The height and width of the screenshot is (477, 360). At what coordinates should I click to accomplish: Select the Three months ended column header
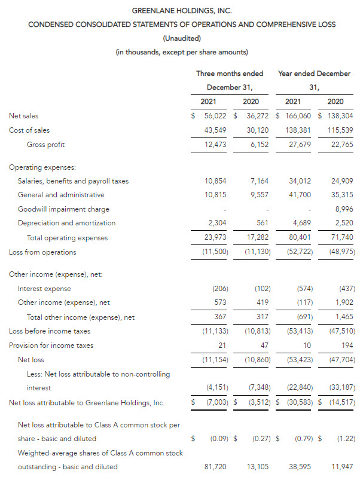point(230,74)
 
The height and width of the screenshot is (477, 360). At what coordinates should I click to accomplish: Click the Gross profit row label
point(46,144)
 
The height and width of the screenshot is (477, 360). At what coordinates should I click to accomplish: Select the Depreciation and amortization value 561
point(263,222)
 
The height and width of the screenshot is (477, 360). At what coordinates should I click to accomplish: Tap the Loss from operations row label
point(42,252)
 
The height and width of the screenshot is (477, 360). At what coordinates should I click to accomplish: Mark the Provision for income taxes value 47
point(264,345)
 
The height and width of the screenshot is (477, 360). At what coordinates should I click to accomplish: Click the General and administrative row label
point(61,195)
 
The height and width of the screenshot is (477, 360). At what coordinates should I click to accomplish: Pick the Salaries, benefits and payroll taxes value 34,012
point(299,181)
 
